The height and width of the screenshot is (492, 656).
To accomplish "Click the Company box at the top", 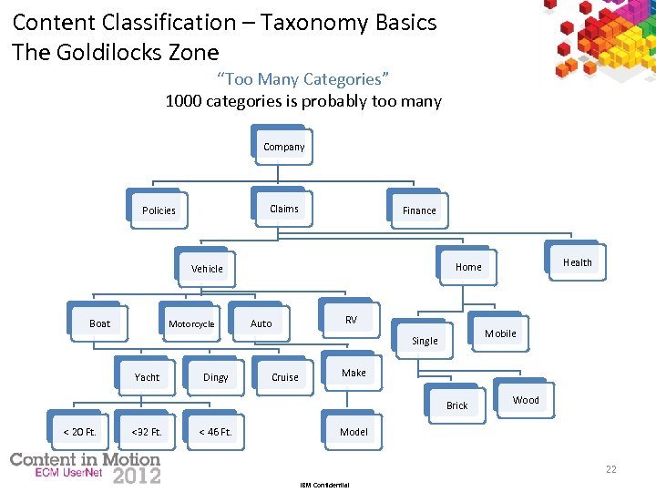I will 283,147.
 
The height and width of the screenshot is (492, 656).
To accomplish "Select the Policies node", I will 159,210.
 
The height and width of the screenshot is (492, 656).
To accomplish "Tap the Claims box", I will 283,209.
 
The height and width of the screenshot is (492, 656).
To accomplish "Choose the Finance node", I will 419,210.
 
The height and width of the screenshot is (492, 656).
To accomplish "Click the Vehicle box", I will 207,269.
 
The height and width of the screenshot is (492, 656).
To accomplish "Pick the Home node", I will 468,267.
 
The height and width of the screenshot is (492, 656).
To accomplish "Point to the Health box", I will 577,262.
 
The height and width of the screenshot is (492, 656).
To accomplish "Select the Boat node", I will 100,323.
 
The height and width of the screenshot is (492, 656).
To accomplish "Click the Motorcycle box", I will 191,323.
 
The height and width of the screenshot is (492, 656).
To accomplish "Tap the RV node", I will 351,320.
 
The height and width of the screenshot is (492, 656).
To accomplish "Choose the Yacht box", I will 147,377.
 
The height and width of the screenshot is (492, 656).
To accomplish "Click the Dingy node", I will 216,377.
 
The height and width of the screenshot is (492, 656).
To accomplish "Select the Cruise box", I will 285,377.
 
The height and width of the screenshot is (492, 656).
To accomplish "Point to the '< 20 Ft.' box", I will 79,432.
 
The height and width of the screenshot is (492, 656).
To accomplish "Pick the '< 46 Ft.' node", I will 216,432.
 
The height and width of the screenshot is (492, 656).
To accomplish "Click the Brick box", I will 457,405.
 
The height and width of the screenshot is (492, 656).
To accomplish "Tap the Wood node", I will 526,400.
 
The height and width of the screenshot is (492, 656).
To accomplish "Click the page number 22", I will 611,469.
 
